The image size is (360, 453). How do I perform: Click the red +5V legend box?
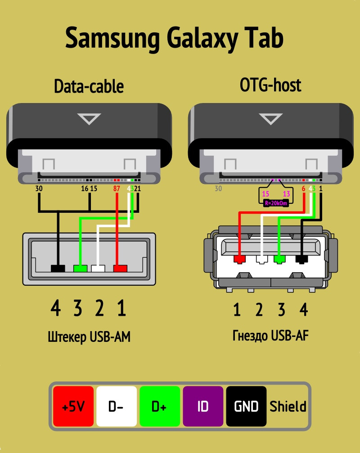pyautogui.click(x=73, y=406)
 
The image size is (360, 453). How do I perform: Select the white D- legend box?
pyautogui.click(x=117, y=406)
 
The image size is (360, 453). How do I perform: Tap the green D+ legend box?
pyautogui.click(x=160, y=406)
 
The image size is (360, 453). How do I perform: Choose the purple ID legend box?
pyautogui.click(x=203, y=406)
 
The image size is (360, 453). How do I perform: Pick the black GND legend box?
pyautogui.click(x=246, y=406)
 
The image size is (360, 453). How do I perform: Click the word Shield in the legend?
pyautogui.click(x=288, y=407)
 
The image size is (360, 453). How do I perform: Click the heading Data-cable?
pyautogui.click(x=89, y=86)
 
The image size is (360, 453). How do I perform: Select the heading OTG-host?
pyautogui.click(x=270, y=85)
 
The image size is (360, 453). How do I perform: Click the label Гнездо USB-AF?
pyautogui.click(x=270, y=336)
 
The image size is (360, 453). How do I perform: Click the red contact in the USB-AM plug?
pyautogui.click(x=120, y=269)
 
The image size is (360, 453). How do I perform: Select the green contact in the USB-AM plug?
pyautogui.click(x=80, y=269)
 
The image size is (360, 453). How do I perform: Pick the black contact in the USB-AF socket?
pyautogui.click(x=301, y=259)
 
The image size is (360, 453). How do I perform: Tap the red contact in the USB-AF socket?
pyautogui.click(x=239, y=259)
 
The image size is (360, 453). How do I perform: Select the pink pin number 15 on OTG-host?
pyautogui.click(x=265, y=193)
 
